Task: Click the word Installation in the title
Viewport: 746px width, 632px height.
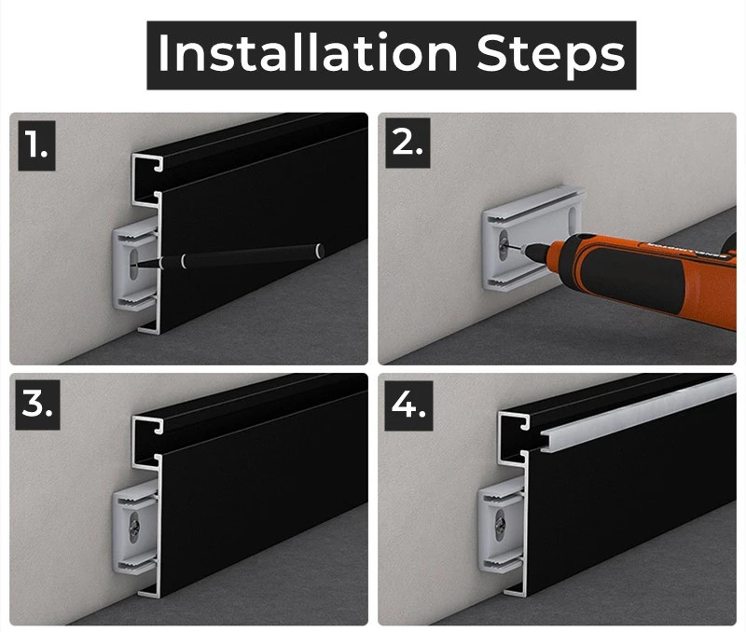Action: pyautogui.click(x=308, y=53)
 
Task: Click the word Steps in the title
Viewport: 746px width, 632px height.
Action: pyautogui.click(x=550, y=55)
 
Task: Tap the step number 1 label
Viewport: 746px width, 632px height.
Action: pyautogui.click(x=36, y=145)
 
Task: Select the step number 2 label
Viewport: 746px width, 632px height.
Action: pyautogui.click(x=408, y=143)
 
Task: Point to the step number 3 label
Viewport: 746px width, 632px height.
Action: pyautogui.click(x=37, y=405)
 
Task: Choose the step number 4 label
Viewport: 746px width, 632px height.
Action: pyautogui.click(x=408, y=405)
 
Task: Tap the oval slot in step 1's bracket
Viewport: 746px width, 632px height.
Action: pyautogui.click(x=134, y=264)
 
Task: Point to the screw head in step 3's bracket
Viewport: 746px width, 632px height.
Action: pyautogui.click(x=135, y=527)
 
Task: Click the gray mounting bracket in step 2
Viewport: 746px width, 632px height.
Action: pyautogui.click(x=532, y=238)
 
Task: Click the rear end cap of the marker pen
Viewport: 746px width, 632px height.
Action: pyautogui.click(x=321, y=250)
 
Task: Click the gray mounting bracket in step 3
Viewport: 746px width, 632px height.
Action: pyautogui.click(x=135, y=527)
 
